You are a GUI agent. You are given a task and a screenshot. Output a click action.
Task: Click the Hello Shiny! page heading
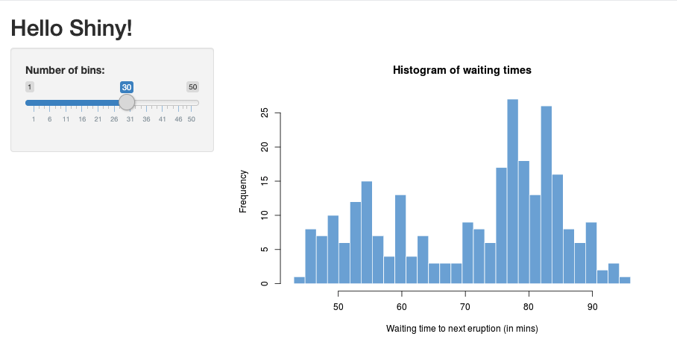click(72, 28)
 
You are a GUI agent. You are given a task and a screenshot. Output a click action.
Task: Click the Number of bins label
click(65, 70)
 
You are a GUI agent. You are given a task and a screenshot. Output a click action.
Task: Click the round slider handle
click(127, 102)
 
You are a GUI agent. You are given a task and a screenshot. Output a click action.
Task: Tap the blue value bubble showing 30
click(127, 87)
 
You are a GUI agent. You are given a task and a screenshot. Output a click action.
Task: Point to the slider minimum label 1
click(30, 87)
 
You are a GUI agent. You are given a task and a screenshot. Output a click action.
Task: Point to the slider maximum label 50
click(192, 87)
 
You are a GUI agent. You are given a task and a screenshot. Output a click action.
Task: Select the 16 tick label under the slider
click(82, 119)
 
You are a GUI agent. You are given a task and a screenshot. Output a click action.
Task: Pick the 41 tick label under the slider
click(162, 119)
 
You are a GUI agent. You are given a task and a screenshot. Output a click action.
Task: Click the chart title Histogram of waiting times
click(462, 70)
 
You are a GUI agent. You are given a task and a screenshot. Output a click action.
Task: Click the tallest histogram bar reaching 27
click(512, 192)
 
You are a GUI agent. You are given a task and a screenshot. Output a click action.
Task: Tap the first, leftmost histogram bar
click(299, 280)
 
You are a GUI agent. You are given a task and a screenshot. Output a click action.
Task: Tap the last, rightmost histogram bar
click(625, 280)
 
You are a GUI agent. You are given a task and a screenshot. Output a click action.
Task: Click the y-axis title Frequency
click(243, 192)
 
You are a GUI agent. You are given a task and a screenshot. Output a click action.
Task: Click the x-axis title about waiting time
click(462, 329)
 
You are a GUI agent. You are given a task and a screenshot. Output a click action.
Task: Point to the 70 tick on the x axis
click(465, 306)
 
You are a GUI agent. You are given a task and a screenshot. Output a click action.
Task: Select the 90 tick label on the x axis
click(592, 306)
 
